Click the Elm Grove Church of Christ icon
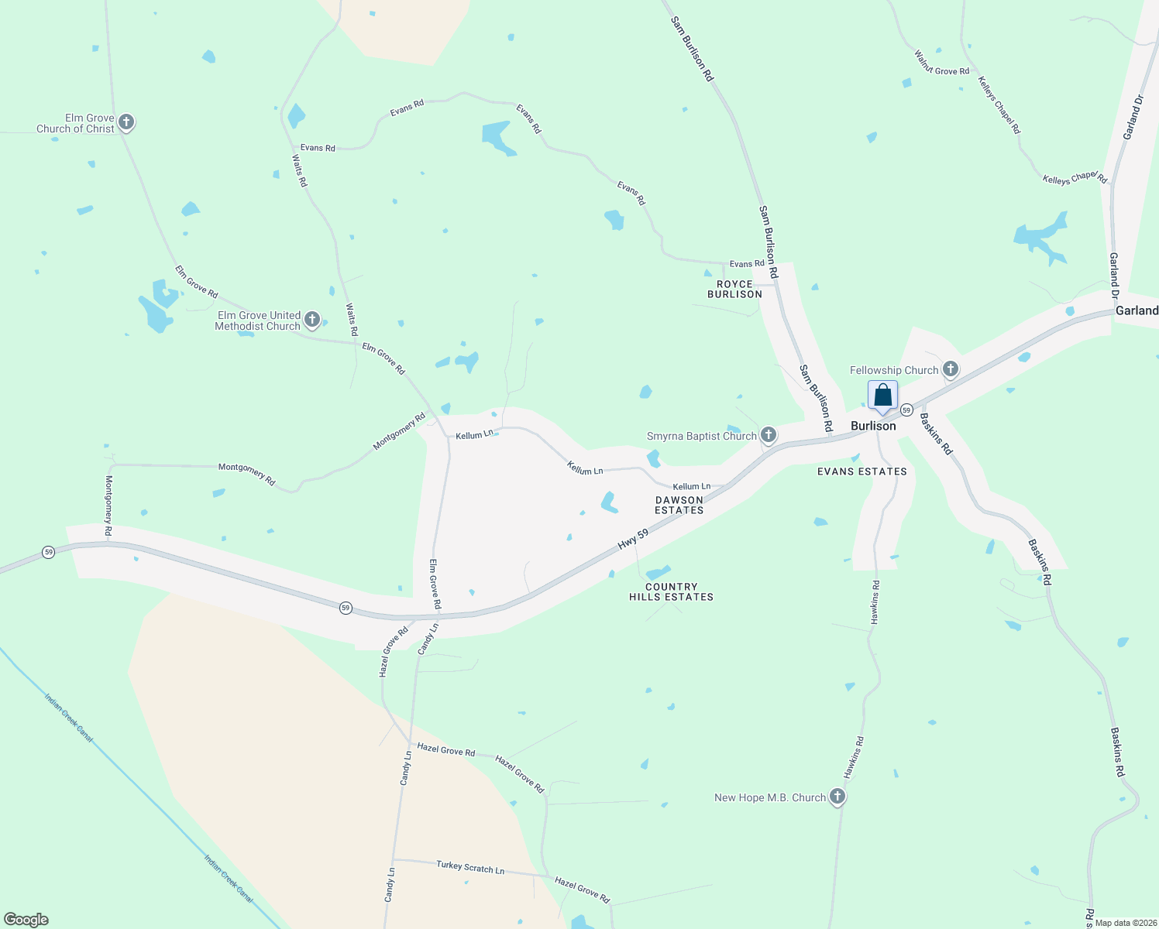pyautogui.click(x=126, y=122)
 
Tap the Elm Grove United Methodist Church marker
pyautogui.click(x=312, y=319)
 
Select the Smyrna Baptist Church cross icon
pyautogui.click(x=768, y=434)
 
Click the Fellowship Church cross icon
pyautogui.click(x=951, y=369)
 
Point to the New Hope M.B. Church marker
pyautogui.click(x=837, y=796)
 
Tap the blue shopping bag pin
pyautogui.click(x=882, y=396)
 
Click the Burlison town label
pyautogui.click(x=873, y=426)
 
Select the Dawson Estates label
pyautogui.click(x=679, y=505)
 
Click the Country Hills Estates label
pyautogui.click(x=671, y=591)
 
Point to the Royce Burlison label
pyautogui.click(x=734, y=289)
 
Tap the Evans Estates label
pyautogui.click(x=862, y=471)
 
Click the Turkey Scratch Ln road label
pyautogui.click(x=470, y=867)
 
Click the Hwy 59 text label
pyautogui.click(x=633, y=540)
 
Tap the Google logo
pyautogui.click(x=26, y=920)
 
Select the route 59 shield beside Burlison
pyautogui.click(x=906, y=409)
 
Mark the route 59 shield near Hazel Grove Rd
pyautogui.click(x=346, y=608)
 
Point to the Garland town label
pyautogui.click(x=1137, y=310)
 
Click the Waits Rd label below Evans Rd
pyautogui.click(x=300, y=170)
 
